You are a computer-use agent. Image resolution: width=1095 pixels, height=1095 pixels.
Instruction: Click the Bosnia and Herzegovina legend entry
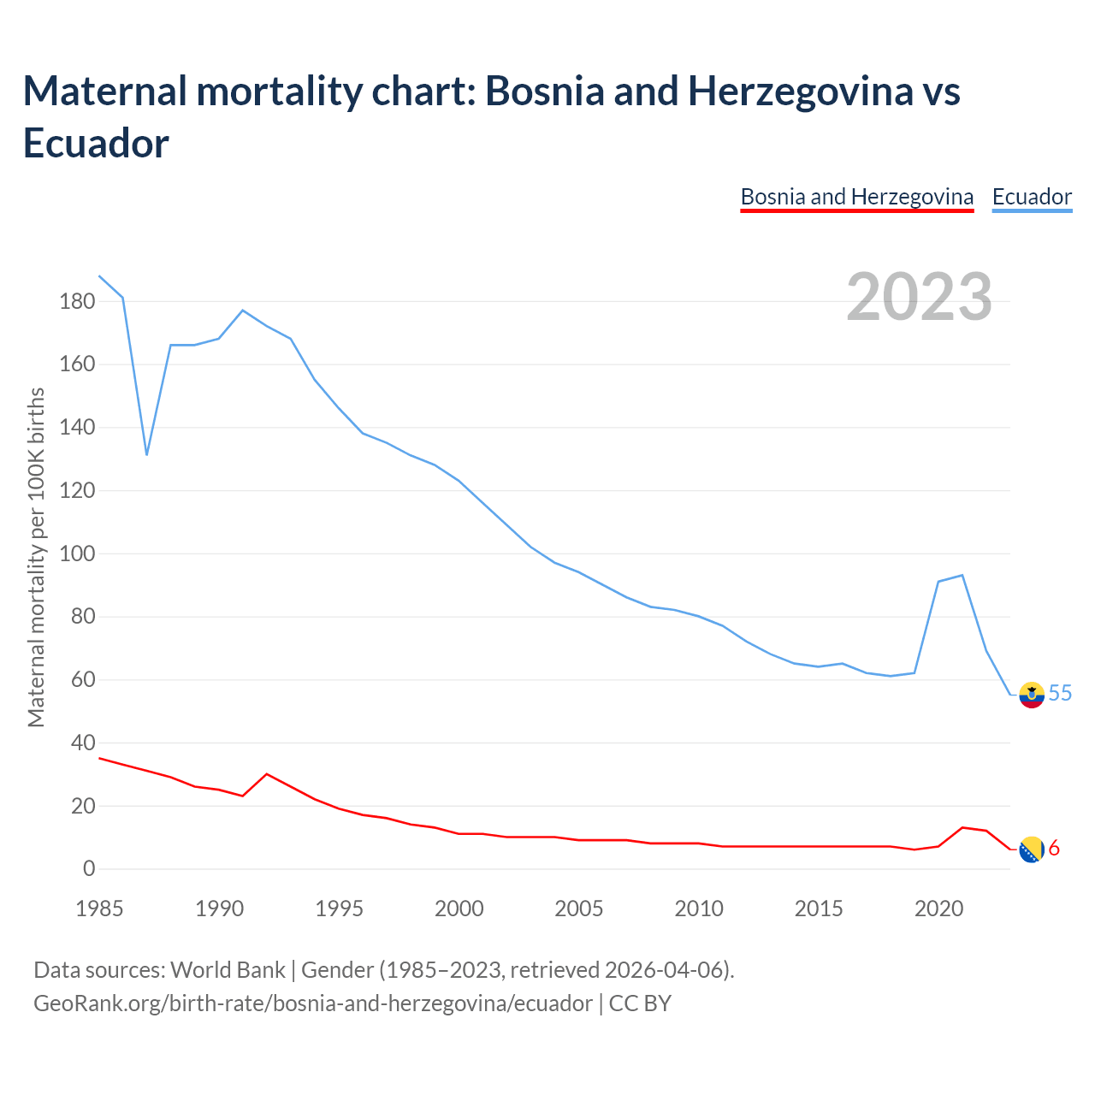856,197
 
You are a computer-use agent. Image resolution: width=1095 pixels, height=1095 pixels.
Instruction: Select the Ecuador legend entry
1032,197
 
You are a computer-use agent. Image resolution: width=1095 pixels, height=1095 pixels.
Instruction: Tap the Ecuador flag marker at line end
1033,695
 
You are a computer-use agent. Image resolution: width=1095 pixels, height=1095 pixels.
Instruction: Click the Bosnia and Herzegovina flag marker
1032,849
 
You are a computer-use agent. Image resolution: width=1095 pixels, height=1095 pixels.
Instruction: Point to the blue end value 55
1060,693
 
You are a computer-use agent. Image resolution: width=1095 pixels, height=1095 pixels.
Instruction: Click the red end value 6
1054,848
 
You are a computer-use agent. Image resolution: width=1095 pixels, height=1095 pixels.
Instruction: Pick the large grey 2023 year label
919,297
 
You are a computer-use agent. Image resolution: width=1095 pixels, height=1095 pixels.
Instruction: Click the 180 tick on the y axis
77,301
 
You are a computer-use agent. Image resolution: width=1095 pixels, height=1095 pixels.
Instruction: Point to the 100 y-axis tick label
77,553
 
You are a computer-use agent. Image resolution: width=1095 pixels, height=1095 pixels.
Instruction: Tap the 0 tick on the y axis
89,869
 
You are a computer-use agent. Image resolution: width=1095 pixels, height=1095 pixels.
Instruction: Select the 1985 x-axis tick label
99,909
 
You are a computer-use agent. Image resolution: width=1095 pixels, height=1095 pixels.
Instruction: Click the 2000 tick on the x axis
459,909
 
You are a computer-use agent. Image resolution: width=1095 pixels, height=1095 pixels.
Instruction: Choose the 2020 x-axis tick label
939,909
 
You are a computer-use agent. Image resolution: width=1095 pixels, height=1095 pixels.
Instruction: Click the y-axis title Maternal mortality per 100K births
36,558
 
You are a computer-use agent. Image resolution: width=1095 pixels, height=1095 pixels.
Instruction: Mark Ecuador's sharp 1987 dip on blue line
146,453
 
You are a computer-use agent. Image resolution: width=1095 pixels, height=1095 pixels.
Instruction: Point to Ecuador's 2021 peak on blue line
962,575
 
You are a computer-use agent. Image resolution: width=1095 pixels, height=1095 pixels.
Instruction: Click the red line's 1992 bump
267,774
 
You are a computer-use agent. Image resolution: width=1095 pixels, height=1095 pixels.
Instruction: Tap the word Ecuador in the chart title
96,143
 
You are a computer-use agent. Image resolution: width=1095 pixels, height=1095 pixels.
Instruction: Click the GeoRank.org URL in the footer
312,1003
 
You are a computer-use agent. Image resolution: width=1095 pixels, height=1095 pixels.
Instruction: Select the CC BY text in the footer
640,1003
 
